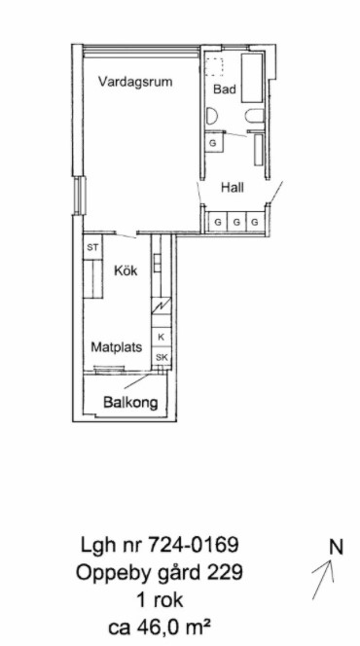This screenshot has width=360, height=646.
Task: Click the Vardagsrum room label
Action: coord(135,82)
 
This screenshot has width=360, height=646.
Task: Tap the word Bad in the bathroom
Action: coord(225,89)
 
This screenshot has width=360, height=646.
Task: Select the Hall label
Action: coord(233,188)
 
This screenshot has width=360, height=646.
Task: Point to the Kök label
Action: coord(126,270)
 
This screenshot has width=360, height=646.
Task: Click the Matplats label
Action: coord(117,347)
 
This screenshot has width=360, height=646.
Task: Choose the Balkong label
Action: coord(130,402)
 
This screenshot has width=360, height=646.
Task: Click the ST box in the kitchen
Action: coord(92,247)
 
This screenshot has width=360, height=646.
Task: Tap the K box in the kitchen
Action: coord(162,337)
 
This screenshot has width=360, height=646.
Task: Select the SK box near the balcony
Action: coord(162,357)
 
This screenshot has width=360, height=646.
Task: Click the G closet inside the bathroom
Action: coord(214,143)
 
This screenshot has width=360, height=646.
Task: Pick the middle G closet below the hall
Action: coord(236,222)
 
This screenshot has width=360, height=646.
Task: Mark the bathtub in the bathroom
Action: coord(252,78)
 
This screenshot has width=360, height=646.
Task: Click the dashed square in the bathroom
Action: coord(214,67)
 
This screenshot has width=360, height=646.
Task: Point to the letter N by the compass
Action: coord(336,547)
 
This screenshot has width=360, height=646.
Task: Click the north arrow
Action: coord(323,579)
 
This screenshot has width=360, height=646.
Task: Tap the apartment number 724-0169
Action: coord(194,546)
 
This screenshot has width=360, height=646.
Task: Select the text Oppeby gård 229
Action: coord(160,573)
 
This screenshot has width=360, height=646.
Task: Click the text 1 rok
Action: coord(160,600)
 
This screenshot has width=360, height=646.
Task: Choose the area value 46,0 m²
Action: coord(171,628)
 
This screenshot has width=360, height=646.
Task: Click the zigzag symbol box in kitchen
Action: coord(162,306)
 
